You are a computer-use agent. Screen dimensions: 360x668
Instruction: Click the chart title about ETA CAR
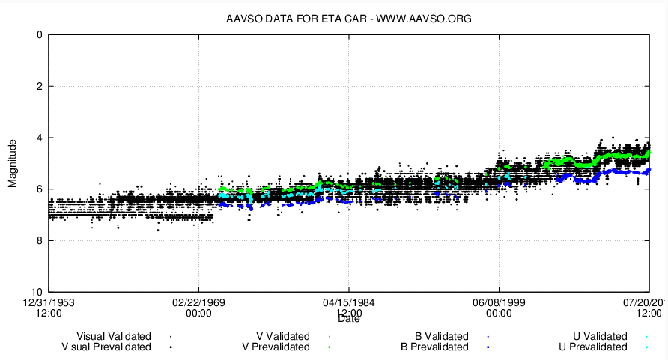coord(349,18)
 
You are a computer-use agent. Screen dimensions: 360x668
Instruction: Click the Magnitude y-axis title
coord(13,163)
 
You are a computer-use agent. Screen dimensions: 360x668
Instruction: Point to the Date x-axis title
coord(349,319)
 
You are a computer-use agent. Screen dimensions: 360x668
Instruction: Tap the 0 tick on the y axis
coord(38,35)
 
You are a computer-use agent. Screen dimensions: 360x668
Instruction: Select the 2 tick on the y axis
coord(38,86)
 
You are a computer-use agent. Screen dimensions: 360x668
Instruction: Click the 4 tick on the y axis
coord(38,138)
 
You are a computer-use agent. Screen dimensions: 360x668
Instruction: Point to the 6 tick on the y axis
coord(38,189)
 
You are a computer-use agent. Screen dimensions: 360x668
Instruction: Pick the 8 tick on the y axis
coord(38,240)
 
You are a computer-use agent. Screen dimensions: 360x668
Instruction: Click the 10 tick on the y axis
coord(36,292)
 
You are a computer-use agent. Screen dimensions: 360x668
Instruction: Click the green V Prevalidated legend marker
coord(330,347)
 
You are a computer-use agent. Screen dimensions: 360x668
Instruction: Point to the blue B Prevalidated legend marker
coord(488,347)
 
